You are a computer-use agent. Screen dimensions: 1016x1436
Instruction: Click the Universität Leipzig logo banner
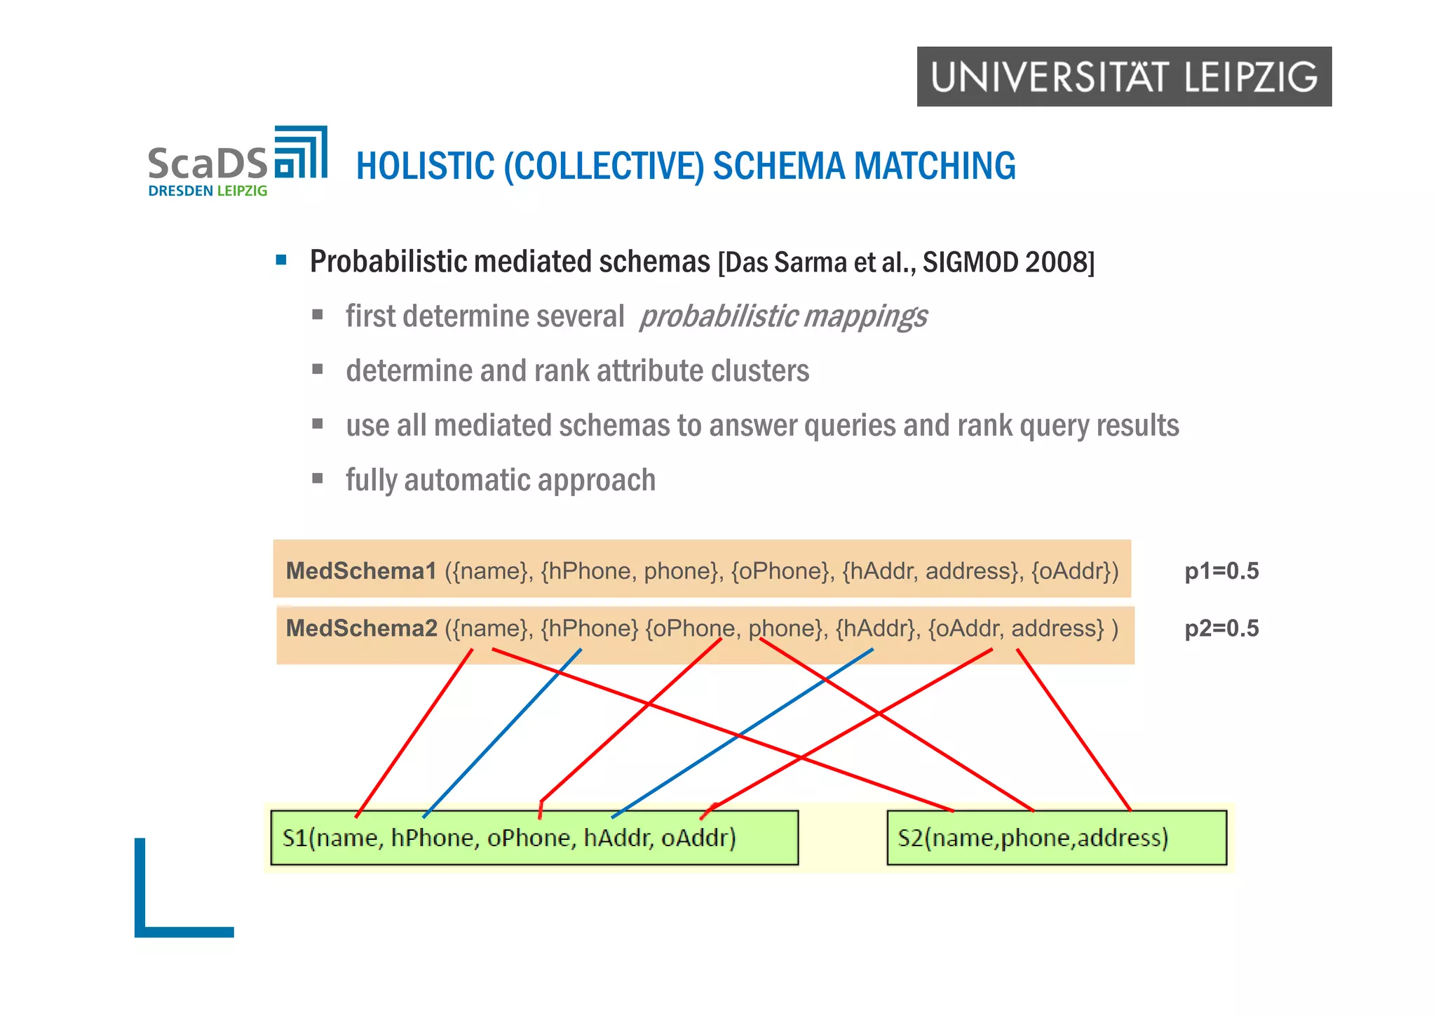pyautogui.click(x=1123, y=76)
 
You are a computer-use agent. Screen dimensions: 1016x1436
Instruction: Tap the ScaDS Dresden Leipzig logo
pyautogui.click(x=237, y=162)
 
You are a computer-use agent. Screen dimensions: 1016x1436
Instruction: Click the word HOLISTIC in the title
pyautogui.click(x=425, y=166)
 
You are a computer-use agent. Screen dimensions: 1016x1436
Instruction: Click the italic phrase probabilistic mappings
pyautogui.click(x=783, y=316)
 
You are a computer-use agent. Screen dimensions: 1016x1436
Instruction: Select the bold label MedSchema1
pyautogui.click(x=361, y=571)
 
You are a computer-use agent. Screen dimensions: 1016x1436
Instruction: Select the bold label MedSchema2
pyautogui.click(x=361, y=628)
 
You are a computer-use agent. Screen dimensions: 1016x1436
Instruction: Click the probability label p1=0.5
pyautogui.click(x=1221, y=572)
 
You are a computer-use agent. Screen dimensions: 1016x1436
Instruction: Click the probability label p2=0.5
pyautogui.click(x=1221, y=629)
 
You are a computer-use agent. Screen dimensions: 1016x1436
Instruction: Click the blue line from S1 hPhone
pyautogui.click(x=502, y=733)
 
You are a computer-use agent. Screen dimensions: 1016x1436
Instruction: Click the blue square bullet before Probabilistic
pyautogui.click(x=281, y=260)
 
